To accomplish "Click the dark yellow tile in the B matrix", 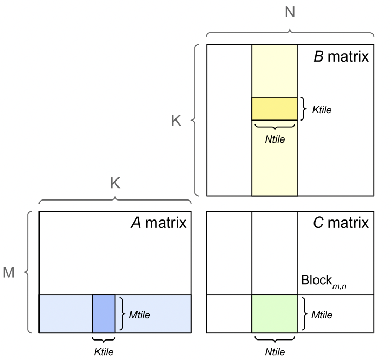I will tap(275, 109).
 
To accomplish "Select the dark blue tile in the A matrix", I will tap(104, 314).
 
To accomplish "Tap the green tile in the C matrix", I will tap(275, 314).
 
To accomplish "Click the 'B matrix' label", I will tap(341, 56).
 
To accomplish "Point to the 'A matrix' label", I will tap(159, 223).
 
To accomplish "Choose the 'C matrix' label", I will tap(341, 223).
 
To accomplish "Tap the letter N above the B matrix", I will tap(290, 11).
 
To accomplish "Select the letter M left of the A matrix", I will tap(9, 273).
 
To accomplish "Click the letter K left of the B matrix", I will tap(176, 121).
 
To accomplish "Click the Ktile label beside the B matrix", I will tap(322, 110).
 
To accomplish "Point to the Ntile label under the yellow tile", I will tap(275, 139).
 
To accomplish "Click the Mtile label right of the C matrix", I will tap(322, 315).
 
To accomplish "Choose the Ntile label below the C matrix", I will tap(275, 352).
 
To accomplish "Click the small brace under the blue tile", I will tap(104, 339).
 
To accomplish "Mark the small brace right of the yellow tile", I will tap(304, 109).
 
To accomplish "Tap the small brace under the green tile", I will tap(275, 339).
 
